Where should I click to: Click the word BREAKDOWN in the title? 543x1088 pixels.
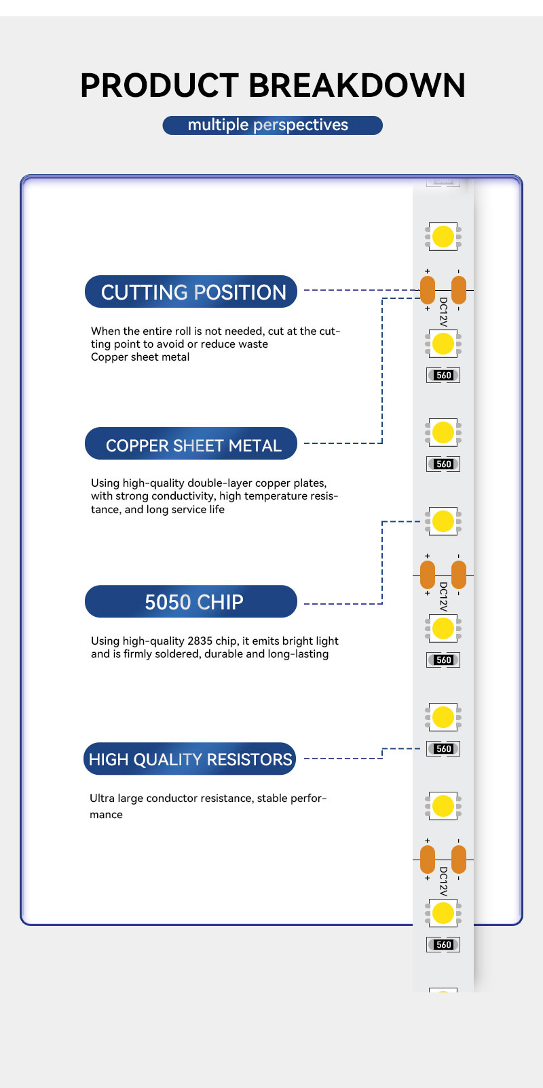(x=357, y=85)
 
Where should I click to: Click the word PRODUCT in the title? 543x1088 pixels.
(x=160, y=85)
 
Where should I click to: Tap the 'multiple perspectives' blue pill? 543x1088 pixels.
(x=273, y=125)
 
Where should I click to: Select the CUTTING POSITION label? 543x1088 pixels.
(x=191, y=291)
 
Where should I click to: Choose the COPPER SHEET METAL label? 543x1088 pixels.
(x=191, y=443)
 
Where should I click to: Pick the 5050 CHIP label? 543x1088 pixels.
(x=191, y=601)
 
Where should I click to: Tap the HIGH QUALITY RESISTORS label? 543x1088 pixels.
(x=190, y=759)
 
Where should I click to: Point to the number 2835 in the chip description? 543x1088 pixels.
(x=200, y=641)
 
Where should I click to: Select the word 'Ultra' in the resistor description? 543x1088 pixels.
(x=102, y=799)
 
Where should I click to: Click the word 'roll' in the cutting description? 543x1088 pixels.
(x=183, y=331)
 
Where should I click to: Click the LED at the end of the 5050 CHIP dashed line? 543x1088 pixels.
(x=443, y=521)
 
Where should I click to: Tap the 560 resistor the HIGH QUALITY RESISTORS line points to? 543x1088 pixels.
(x=443, y=748)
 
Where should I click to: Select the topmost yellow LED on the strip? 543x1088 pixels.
(x=443, y=237)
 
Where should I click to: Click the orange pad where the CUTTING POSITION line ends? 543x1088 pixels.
(x=428, y=290)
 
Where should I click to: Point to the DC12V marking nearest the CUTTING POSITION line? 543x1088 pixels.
(x=443, y=312)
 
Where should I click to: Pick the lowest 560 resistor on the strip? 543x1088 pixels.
(x=443, y=944)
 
